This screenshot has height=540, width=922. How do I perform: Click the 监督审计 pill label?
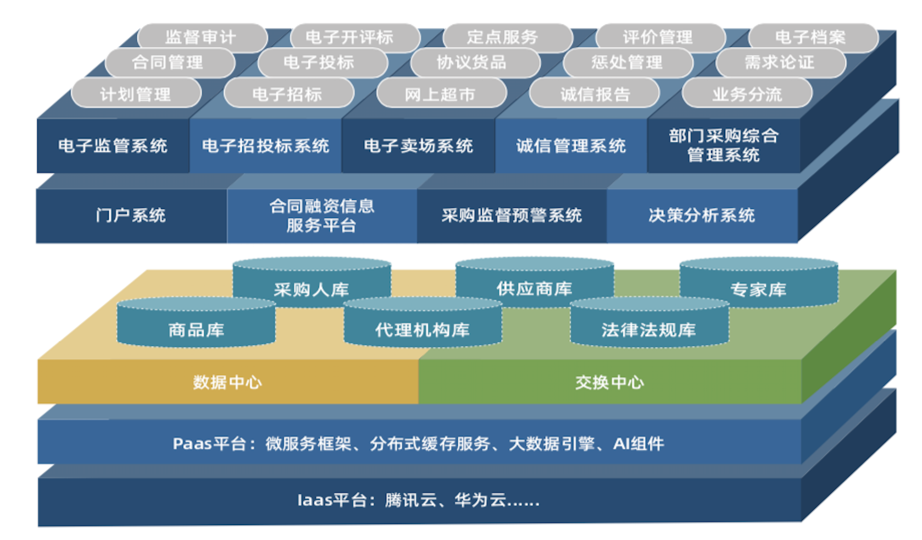click(201, 37)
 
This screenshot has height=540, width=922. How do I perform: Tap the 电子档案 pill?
click(811, 37)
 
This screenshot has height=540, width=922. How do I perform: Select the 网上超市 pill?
click(440, 95)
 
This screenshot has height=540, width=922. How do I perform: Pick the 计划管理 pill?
click(136, 95)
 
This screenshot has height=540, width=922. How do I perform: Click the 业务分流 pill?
click(747, 95)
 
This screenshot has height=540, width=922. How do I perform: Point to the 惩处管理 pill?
click(627, 63)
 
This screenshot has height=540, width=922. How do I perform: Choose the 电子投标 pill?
click(319, 63)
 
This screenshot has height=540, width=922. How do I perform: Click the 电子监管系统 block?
click(113, 146)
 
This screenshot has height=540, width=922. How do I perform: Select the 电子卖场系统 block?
click(418, 146)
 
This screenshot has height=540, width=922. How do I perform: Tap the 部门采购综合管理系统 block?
click(724, 145)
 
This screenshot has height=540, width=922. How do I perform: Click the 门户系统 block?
click(131, 215)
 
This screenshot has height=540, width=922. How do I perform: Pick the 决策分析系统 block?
click(702, 215)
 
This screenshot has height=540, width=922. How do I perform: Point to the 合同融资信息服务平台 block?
click(321, 216)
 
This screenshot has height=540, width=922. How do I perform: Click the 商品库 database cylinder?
click(196, 329)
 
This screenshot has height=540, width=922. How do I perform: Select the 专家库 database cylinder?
click(758, 289)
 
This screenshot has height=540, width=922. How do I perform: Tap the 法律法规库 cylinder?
click(649, 329)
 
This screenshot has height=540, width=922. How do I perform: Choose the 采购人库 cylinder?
click(312, 289)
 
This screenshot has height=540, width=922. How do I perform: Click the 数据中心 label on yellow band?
click(227, 382)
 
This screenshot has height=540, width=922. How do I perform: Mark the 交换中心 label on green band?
click(609, 382)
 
